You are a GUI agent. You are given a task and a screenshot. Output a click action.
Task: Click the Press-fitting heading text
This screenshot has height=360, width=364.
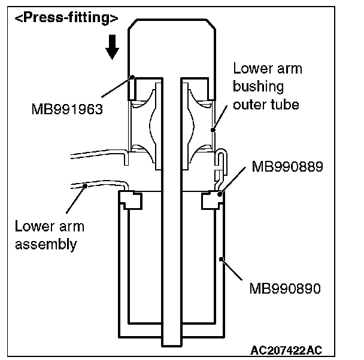click(x=66, y=18)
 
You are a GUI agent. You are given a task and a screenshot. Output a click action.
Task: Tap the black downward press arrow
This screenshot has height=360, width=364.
click(x=113, y=47)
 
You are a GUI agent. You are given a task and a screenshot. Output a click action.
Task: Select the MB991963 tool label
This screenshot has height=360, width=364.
click(x=67, y=109)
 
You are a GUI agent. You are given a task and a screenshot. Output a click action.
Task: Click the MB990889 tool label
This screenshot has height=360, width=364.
click(x=287, y=166)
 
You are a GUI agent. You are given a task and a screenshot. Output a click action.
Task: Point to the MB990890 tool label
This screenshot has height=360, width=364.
click(x=285, y=289)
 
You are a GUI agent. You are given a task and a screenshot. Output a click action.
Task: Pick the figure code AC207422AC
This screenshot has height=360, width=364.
click(x=286, y=350)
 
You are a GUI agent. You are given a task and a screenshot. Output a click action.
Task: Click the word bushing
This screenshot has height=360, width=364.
click(x=259, y=87)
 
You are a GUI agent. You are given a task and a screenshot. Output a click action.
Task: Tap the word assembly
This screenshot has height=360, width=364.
click(x=45, y=245)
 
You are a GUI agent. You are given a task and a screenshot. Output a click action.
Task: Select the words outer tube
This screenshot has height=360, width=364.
click(x=266, y=105)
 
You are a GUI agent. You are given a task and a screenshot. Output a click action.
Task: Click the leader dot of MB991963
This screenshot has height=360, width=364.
click(x=132, y=77)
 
